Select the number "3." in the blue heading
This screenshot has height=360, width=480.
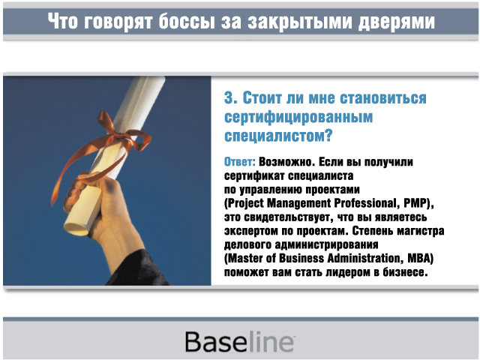point(231,98)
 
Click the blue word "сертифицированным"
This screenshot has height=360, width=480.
point(298,118)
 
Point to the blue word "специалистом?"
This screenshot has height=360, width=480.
point(278,136)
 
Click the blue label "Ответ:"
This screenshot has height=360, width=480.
point(240,162)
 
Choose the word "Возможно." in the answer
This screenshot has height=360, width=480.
point(286,162)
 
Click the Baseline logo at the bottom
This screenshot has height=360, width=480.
point(240,341)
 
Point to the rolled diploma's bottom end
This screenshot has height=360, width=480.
point(76,229)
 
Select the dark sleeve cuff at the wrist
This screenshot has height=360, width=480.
point(138,269)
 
